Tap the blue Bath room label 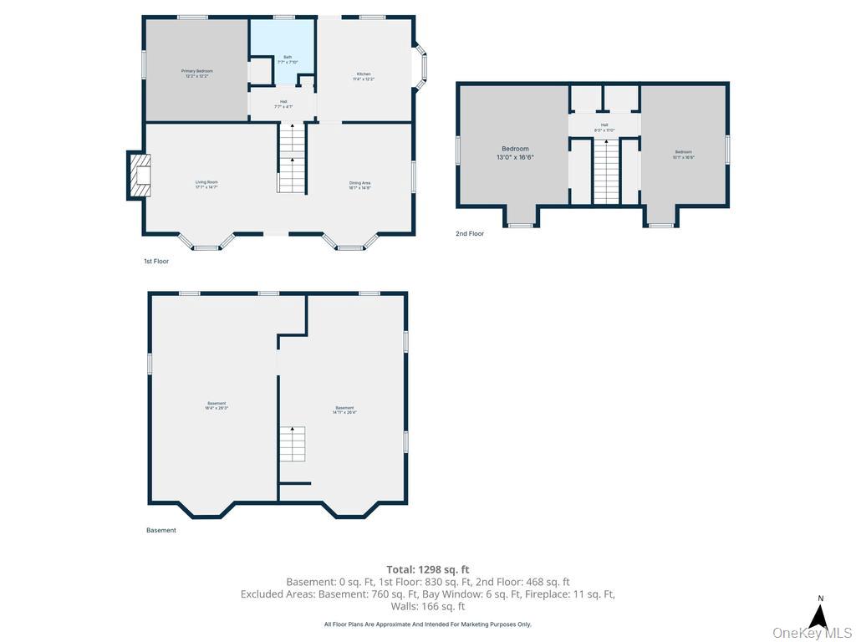[x=287, y=59]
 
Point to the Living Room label [x=206, y=184]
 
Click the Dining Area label [x=359, y=185]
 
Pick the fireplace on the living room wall [x=139, y=176]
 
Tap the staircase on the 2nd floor [x=606, y=172]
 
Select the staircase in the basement [x=292, y=444]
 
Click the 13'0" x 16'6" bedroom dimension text [x=515, y=156]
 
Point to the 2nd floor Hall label [x=604, y=128]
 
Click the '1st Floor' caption [x=156, y=262]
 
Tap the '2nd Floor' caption [x=470, y=234]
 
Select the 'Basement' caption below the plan [x=161, y=530]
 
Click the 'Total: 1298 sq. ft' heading [x=427, y=569]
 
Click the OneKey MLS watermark [x=813, y=633]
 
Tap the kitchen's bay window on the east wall [x=420, y=67]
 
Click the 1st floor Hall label [x=283, y=104]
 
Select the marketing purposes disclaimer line [x=427, y=624]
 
